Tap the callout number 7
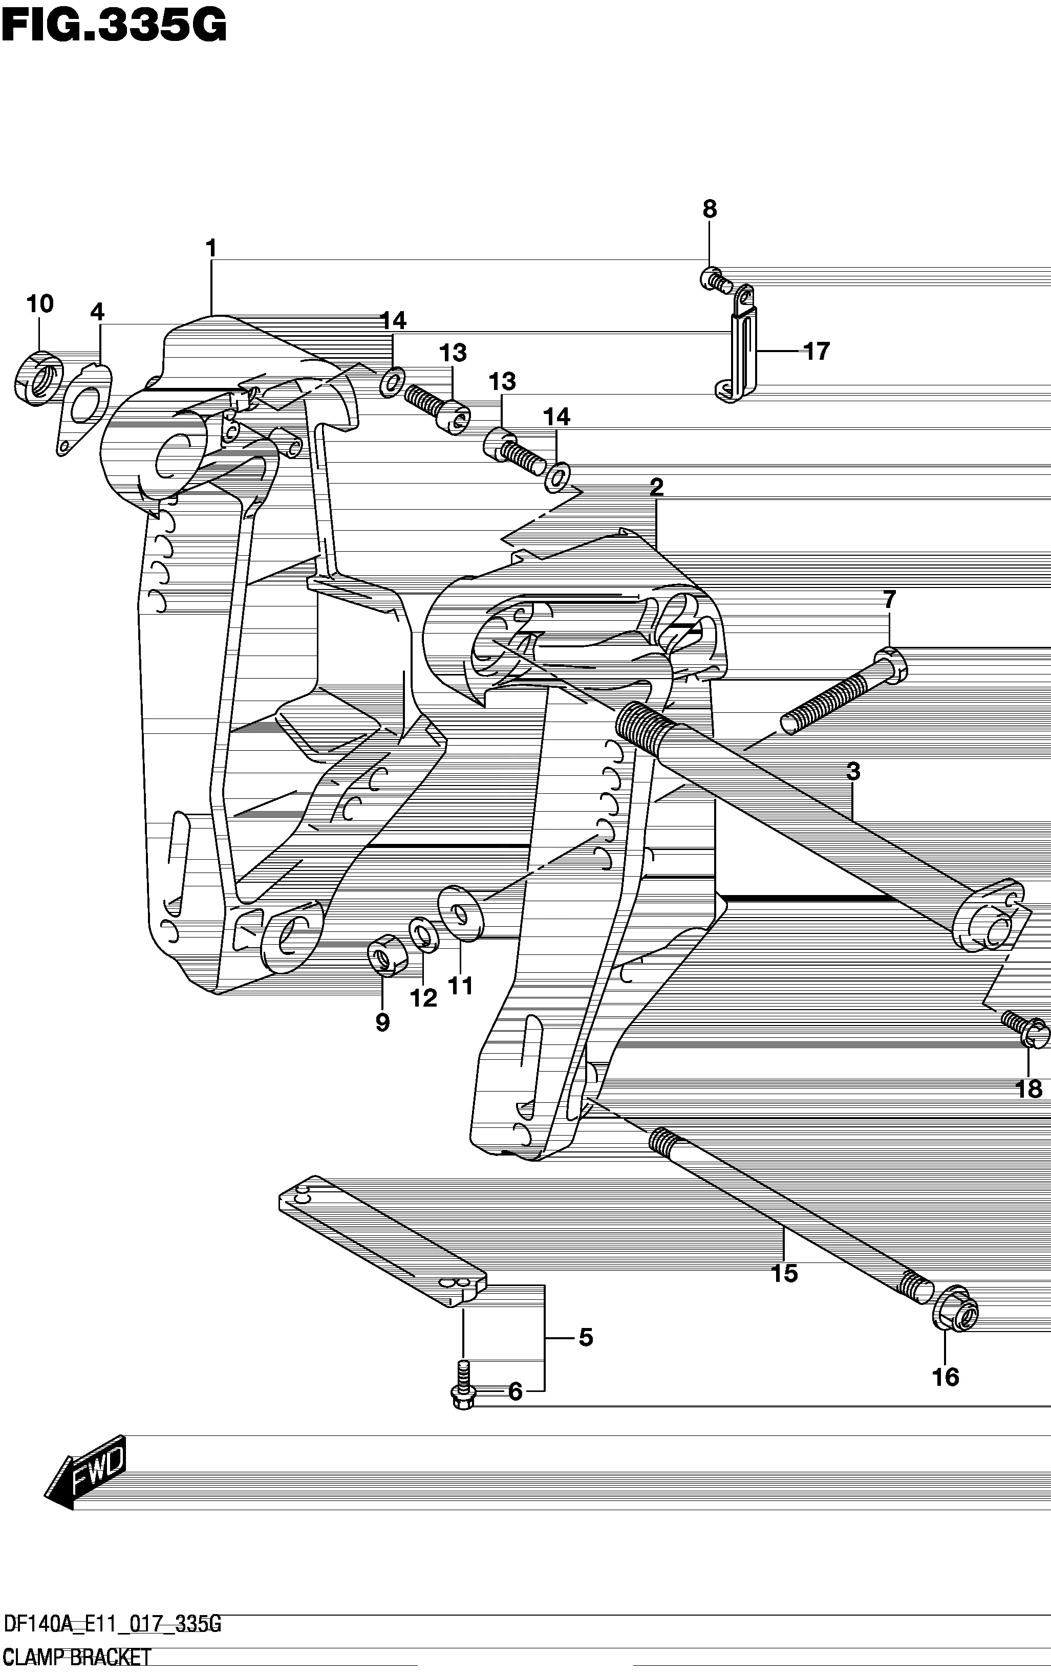pos(890,599)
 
